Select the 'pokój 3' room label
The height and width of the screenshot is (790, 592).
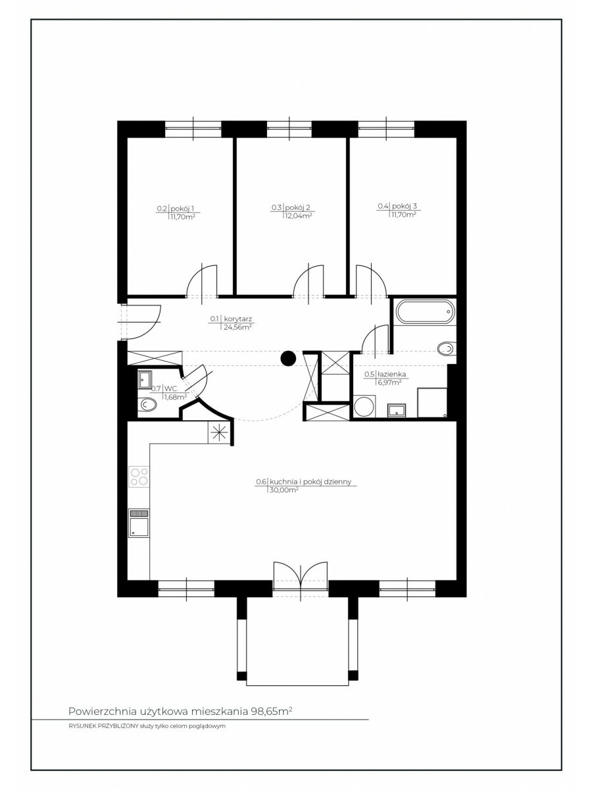(405, 207)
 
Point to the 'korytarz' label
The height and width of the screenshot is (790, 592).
(237, 319)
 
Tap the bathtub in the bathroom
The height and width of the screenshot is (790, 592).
(424, 311)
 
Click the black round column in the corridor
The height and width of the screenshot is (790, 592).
(288, 358)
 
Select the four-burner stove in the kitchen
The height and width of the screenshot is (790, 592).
(139, 477)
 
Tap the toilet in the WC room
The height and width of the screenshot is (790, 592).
(147, 405)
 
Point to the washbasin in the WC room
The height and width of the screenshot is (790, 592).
(145, 380)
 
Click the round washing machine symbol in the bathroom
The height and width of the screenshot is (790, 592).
(364, 406)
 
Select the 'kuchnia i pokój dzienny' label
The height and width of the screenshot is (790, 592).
(310, 482)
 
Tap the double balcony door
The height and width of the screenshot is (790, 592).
(301, 576)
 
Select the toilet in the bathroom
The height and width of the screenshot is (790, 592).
(447, 349)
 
